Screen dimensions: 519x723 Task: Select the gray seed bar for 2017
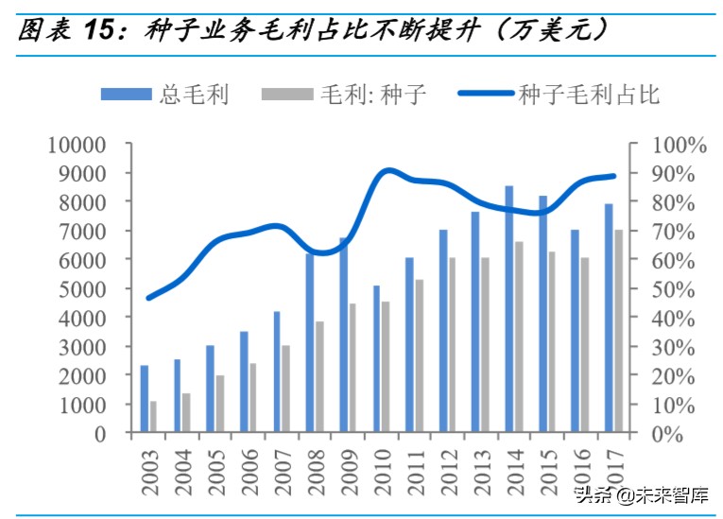click(618, 331)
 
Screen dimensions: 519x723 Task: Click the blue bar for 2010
click(376, 359)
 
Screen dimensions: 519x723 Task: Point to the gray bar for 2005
click(219, 404)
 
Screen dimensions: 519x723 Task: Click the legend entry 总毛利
click(166, 94)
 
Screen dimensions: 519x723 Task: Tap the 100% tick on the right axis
click(678, 145)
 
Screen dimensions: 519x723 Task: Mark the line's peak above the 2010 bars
click(387, 171)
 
